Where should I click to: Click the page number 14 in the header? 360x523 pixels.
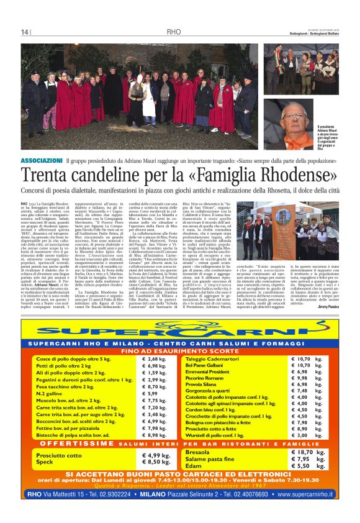click(25, 32)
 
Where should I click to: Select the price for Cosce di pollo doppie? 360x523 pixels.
click(158, 360)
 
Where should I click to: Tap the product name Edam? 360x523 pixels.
click(193, 466)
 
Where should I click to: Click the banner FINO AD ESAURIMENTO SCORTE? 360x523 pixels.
click(179, 351)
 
